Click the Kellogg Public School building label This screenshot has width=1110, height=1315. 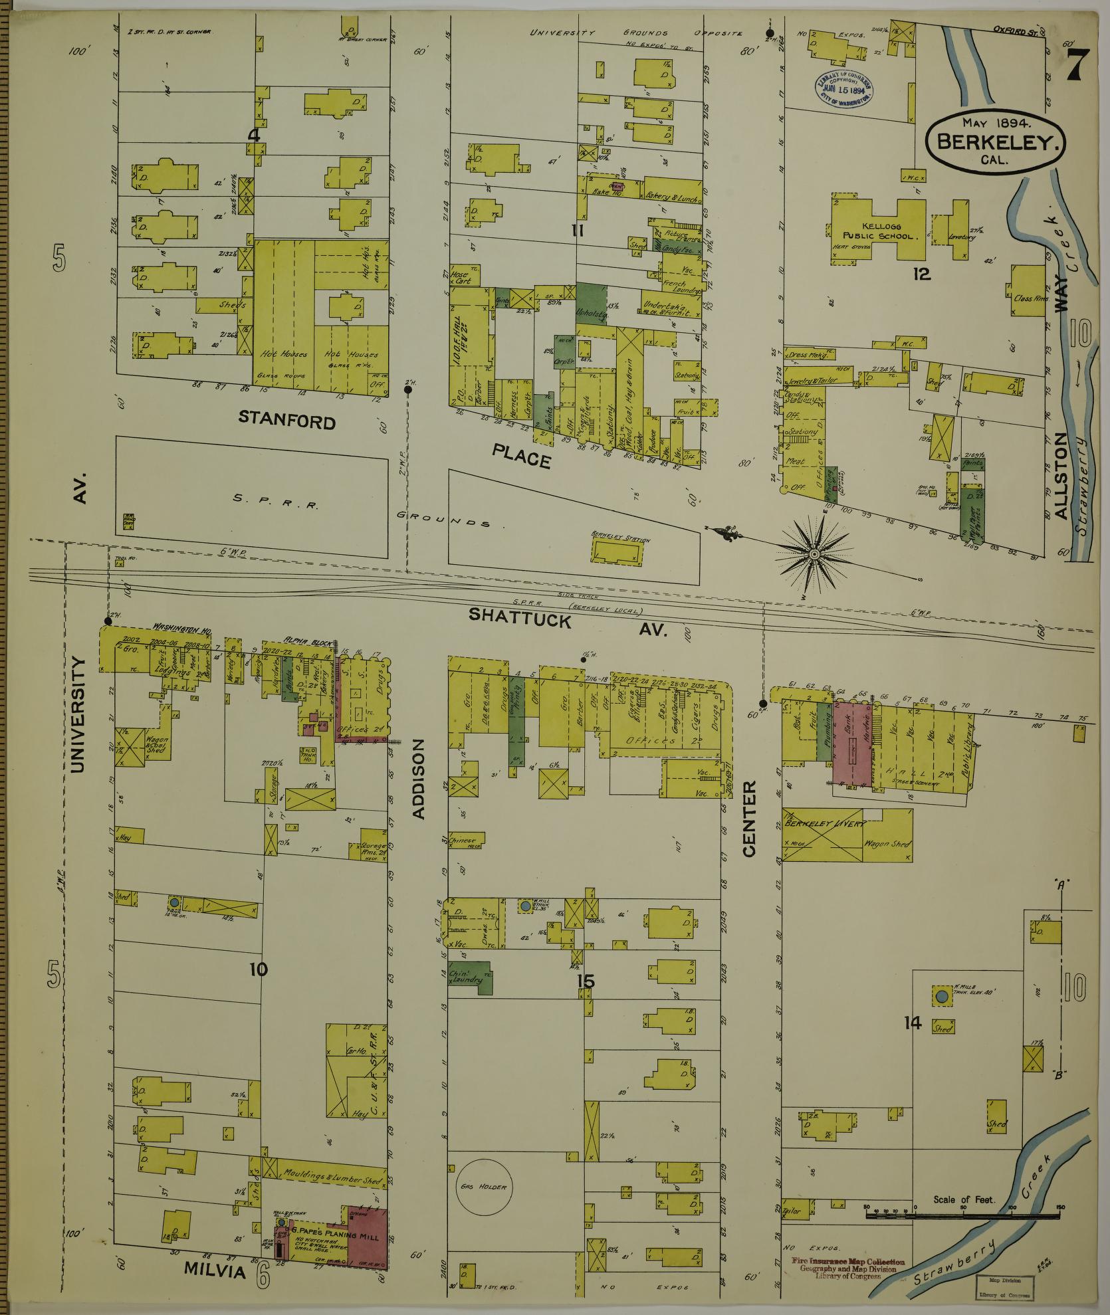pos(879,231)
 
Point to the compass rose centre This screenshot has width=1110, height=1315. pos(814,553)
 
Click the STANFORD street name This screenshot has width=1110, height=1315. pos(286,420)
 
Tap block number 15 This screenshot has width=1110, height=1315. pos(586,981)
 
